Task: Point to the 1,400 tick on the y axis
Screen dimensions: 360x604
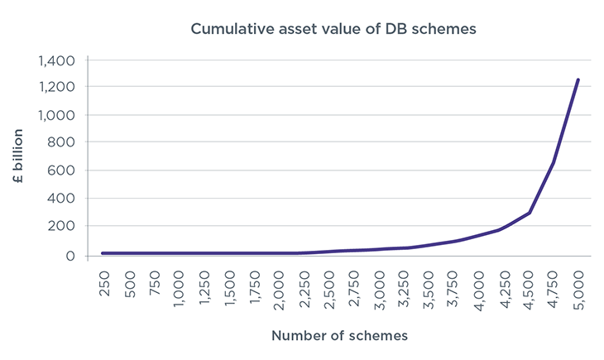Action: [x=57, y=60]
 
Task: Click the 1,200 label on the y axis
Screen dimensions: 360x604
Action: [x=57, y=87]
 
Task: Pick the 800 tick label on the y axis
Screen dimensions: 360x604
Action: [x=63, y=142]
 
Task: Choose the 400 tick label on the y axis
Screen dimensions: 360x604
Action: [x=63, y=199]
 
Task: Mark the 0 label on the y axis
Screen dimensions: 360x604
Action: [x=70, y=255]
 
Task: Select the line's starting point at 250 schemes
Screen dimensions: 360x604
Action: [x=103, y=252]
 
